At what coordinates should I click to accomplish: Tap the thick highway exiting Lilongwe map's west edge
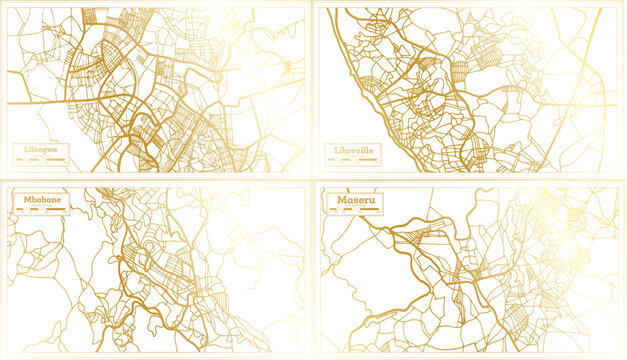pyautogui.click(x=40, y=101)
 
